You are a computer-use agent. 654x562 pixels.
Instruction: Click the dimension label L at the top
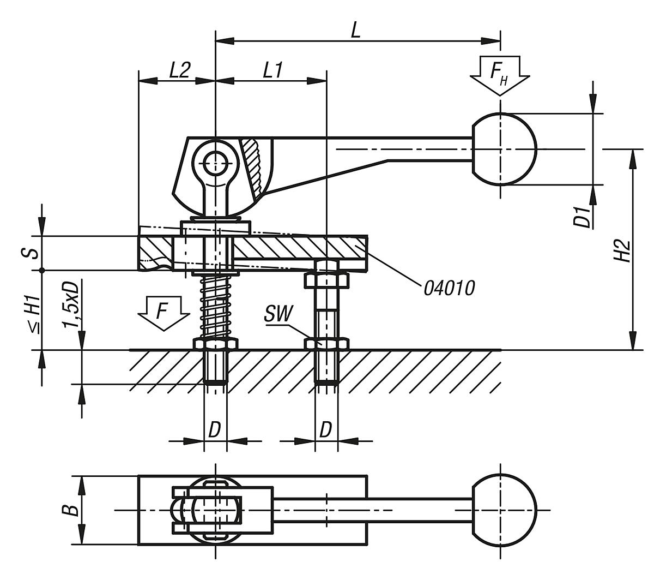pyautogui.click(x=355, y=30)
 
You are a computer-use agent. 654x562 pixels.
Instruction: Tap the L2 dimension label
pyautogui.click(x=179, y=70)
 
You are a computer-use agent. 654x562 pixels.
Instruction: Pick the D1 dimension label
pyautogui.click(x=584, y=217)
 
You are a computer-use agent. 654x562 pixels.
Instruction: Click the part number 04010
pyautogui.click(x=449, y=288)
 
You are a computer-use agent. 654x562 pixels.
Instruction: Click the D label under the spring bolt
pyautogui.click(x=214, y=430)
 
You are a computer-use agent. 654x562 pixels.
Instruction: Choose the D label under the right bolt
pyautogui.click(x=325, y=430)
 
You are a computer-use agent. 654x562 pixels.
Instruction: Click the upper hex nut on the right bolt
pyautogui.click(x=326, y=280)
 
